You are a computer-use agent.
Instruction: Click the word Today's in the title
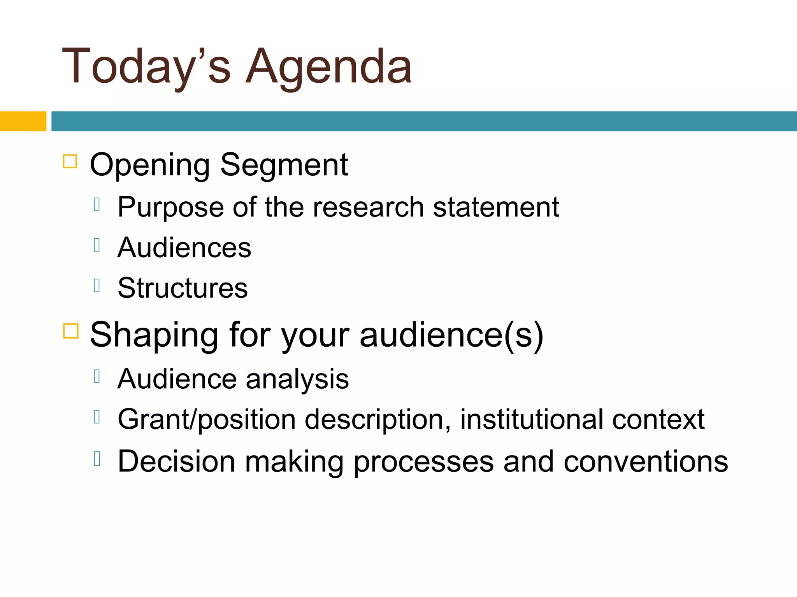tap(146, 67)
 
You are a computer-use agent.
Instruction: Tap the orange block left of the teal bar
tap(23, 121)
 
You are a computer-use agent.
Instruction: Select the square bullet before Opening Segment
tap(70, 161)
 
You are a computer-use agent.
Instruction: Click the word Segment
tap(284, 165)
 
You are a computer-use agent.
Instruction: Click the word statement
tap(496, 207)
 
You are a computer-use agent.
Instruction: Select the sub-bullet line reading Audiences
tap(184, 248)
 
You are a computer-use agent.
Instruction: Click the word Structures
tap(183, 288)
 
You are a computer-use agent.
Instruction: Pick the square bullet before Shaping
tap(71, 331)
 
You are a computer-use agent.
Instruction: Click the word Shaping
tap(154, 335)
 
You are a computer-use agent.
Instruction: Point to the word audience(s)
tap(451, 335)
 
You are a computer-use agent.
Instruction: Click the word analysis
tap(297, 379)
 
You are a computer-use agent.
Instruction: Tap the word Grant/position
tap(207, 420)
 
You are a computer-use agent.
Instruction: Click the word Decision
tap(176, 461)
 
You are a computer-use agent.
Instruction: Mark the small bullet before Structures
tap(97, 286)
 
